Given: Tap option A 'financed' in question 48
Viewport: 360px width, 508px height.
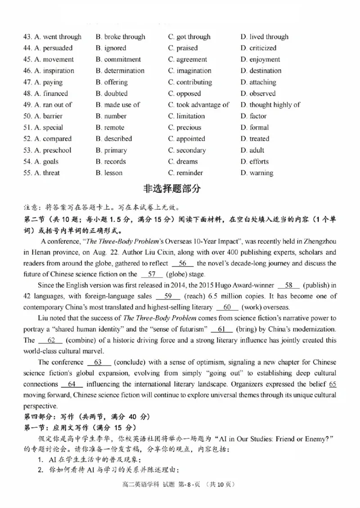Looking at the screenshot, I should point(51,94).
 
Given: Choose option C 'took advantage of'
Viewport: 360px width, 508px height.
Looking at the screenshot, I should point(198,105).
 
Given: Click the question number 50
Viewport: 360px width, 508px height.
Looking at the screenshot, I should point(27,116).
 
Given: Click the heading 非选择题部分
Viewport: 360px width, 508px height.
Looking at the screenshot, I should point(180,189).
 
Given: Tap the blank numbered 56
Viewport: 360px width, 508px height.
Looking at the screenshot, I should point(182,263).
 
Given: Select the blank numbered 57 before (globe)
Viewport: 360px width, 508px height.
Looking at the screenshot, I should point(151,274).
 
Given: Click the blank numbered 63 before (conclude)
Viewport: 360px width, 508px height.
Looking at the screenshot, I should point(98,362).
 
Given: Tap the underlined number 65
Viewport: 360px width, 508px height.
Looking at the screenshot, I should point(333,384).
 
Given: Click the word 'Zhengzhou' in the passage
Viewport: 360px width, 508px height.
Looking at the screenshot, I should point(320,241).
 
